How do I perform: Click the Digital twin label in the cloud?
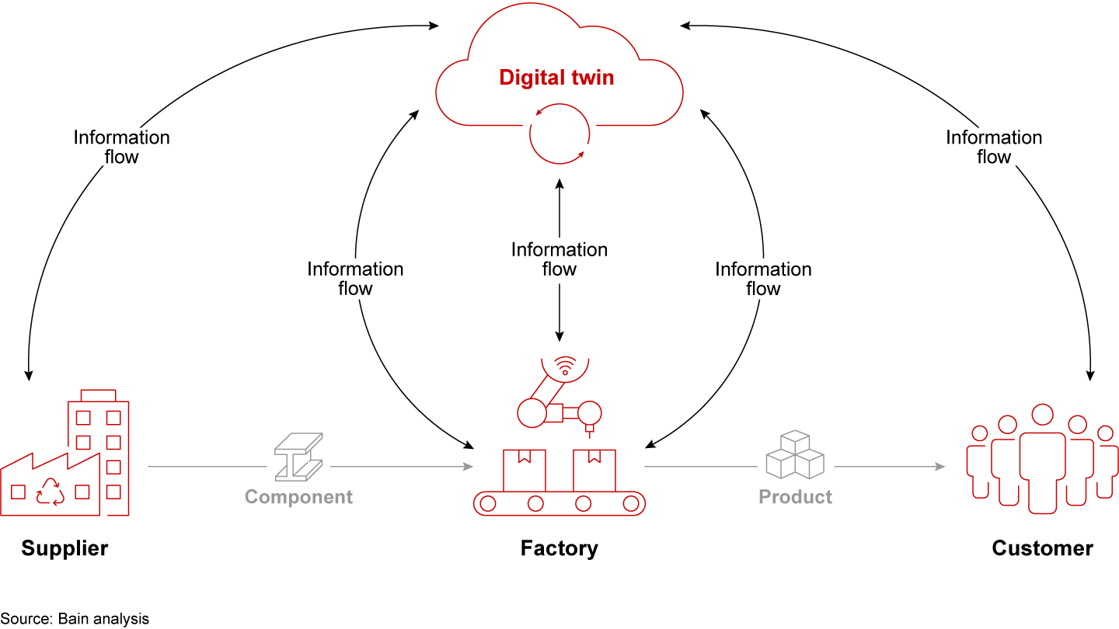[x=556, y=78]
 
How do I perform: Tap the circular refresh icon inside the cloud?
[x=557, y=137]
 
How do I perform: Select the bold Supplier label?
[x=64, y=548]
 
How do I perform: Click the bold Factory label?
[x=559, y=548]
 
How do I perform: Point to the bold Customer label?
[x=1042, y=548]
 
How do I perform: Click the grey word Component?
[x=298, y=497]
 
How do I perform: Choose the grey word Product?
[x=795, y=497]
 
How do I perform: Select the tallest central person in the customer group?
[x=1041, y=458]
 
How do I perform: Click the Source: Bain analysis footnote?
[x=75, y=619]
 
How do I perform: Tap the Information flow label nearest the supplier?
[x=121, y=147]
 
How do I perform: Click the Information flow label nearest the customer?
[x=993, y=147]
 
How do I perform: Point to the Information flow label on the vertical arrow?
[x=559, y=259]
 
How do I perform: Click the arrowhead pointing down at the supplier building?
[x=29, y=375]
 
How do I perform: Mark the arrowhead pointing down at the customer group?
[x=1090, y=375]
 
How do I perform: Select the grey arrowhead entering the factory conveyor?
[x=469, y=467]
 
